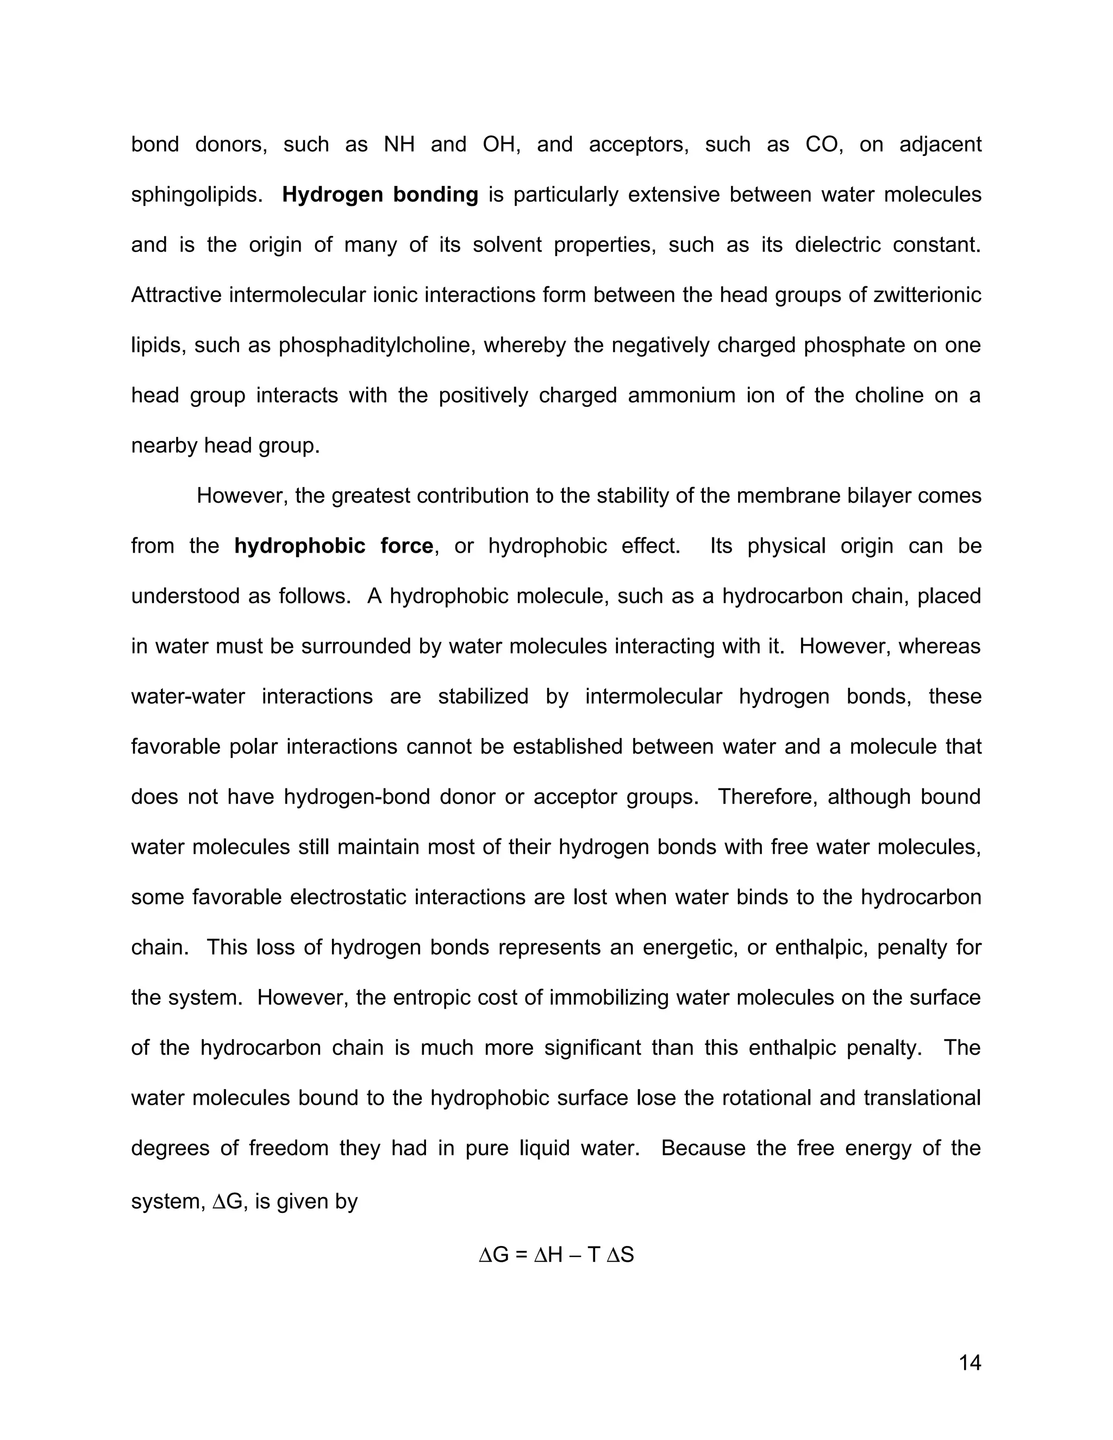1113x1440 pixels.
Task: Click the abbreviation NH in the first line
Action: tap(399, 145)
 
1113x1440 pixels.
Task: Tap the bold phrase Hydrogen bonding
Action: tap(380, 195)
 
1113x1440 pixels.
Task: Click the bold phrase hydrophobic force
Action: tap(334, 546)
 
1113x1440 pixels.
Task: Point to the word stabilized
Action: tap(483, 696)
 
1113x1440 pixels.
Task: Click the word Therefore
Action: tap(765, 797)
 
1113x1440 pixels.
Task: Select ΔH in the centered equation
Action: tap(548, 1255)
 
